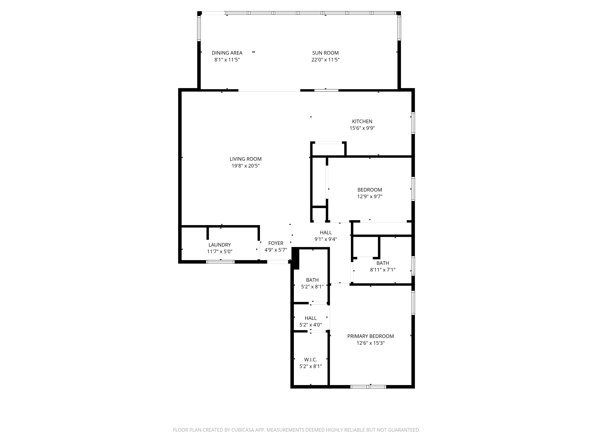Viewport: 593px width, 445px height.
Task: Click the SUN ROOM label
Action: coord(325,53)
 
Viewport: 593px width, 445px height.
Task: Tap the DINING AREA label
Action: coord(227,53)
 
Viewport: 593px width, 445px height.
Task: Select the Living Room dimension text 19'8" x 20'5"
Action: coord(246,166)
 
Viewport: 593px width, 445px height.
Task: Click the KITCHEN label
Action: coord(362,121)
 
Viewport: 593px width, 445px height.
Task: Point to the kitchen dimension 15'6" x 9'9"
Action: coord(362,128)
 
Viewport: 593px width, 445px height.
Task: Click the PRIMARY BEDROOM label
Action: coord(370,336)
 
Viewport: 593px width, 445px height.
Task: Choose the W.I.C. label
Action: coord(310,359)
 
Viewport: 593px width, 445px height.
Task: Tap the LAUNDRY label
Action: coord(219,245)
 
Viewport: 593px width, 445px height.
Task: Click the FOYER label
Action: coord(276,243)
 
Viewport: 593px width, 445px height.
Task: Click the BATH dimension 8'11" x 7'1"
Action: coord(383,270)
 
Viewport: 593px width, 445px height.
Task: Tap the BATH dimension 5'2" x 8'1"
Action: coord(312,286)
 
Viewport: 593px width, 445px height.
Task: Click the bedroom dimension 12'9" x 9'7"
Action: coord(370,196)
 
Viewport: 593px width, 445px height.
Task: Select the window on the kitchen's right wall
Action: coord(413,123)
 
